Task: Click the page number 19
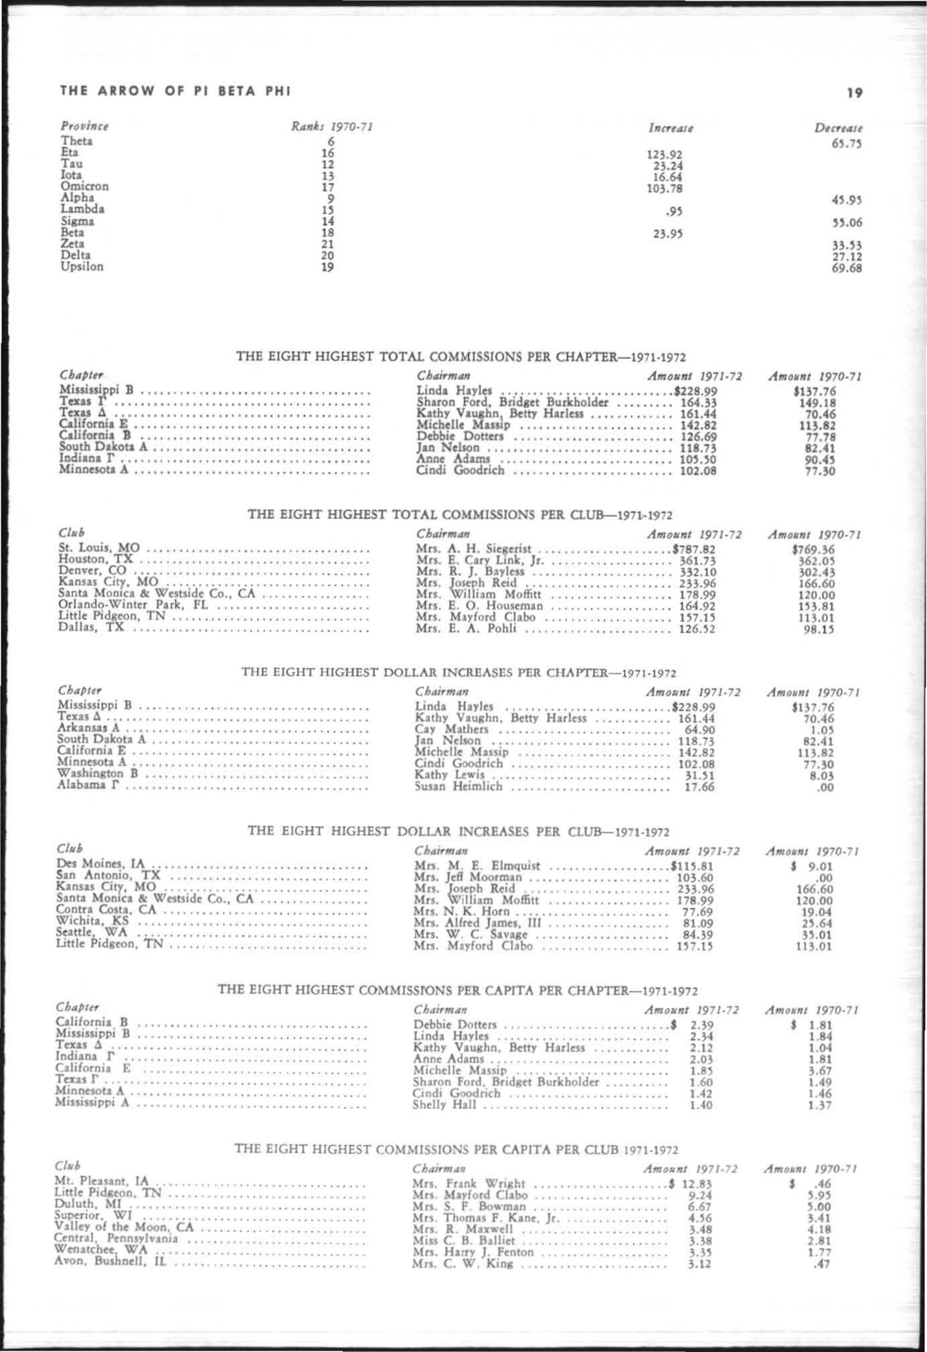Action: pos(854,93)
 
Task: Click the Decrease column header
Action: pos(838,127)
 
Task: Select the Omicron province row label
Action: pos(84,186)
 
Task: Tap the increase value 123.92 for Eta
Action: pos(664,155)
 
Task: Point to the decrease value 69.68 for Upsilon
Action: pos(846,269)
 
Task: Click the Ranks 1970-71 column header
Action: pos(331,127)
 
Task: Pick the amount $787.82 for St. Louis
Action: pos(694,549)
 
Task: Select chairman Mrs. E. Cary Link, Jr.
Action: pos(480,560)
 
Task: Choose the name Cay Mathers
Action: pos(452,729)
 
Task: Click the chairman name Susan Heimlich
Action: pos(458,786)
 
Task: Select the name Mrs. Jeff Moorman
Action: pos(468,877)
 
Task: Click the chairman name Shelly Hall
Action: pos(444,1104)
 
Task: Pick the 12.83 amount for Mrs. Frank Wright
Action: pos(696,1183)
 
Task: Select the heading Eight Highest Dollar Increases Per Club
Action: pos(458,832)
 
